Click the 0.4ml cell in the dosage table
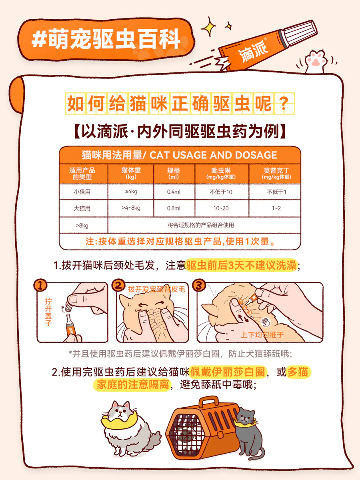coord(174,192)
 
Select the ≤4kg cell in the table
coord(131,192)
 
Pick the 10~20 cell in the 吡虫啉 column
coord(221,208)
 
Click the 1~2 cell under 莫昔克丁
coord(276,208)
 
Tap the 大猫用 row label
coord(82,208)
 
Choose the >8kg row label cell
coord(82,226)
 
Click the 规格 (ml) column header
coord(174,174)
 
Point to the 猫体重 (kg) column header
coord(131,174)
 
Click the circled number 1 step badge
coord(40,285)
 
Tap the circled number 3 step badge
coord(199,285)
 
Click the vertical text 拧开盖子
coord(48,312)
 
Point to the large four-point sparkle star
coord(209,27)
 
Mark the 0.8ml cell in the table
coord(174,208)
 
